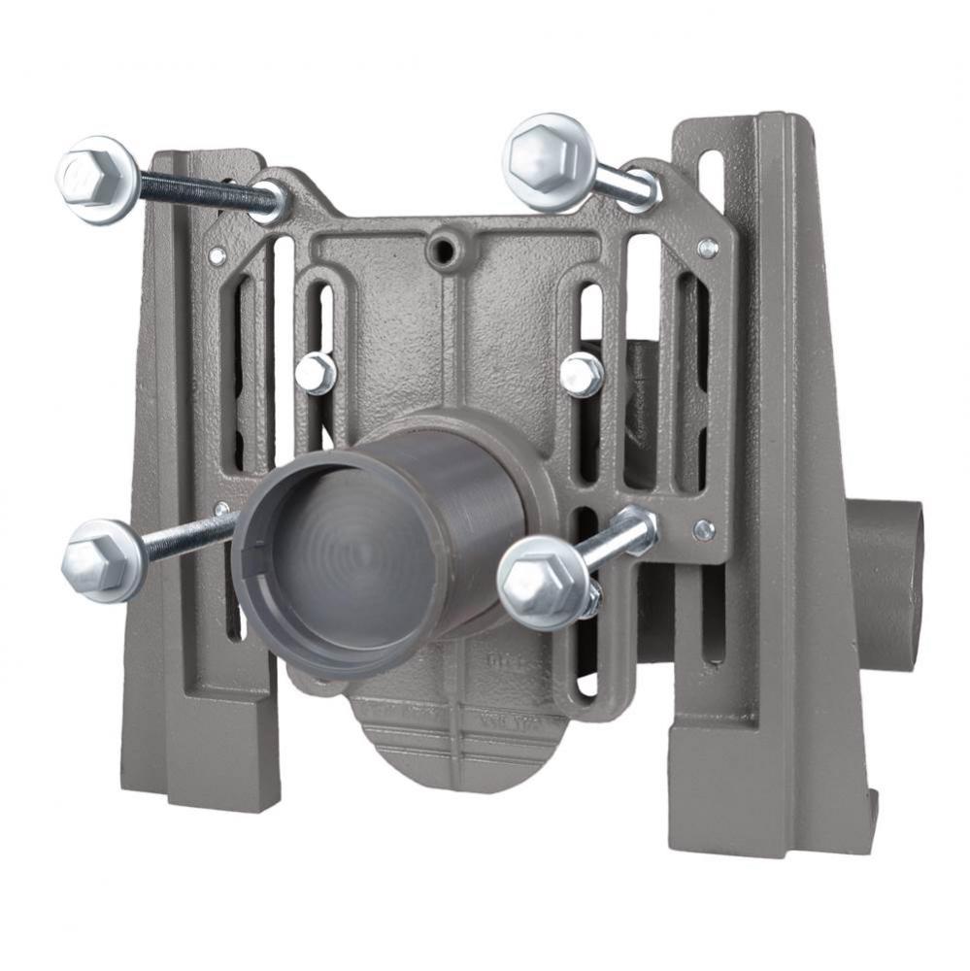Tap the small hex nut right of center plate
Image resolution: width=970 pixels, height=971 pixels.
[x=582, y=374]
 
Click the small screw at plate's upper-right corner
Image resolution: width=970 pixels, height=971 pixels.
[x=708, y=248]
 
